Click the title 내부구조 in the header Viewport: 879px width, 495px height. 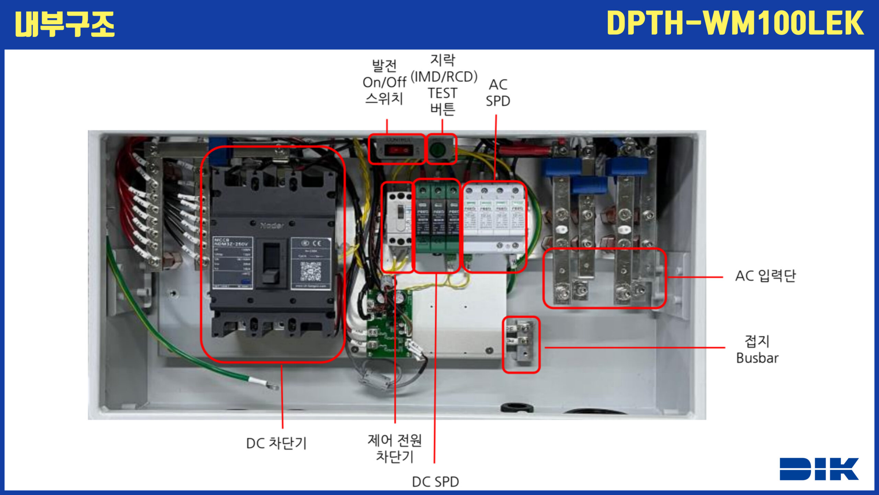coord(65,24)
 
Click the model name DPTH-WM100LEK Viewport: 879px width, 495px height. coord(735,23)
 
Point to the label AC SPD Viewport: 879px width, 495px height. coord(498,93)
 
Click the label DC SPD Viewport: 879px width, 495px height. coord(435,482)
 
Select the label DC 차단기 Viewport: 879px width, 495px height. coord(276,443)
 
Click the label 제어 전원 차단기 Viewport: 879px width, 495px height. coord(395,448)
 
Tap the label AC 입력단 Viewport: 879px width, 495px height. coord(765,276)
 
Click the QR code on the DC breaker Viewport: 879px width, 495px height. coord(311,271)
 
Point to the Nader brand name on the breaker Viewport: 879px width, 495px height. coord(272,225)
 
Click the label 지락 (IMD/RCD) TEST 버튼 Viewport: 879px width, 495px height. coord(443,85)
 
